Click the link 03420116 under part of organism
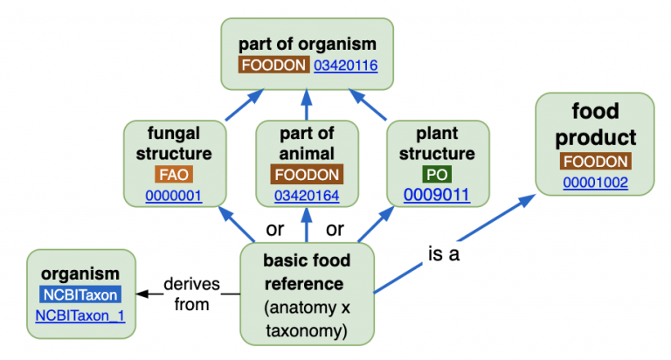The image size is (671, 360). pyautogui.click(x=345, y=65)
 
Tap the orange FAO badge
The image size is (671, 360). pyautogui.click(x=175, y=174)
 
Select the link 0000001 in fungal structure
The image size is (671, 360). pyautogui.click(x=175, y=194)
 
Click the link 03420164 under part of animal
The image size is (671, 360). pyautogui.click(x=306, y=194)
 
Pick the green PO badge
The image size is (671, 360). pyautogui.click(x=437, y=174)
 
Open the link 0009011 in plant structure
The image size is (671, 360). pyautogui.click(x=437, y=194)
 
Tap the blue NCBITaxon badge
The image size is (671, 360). pyautogui.click(x=80, y=294)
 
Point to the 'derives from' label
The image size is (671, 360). pyautogui.click(x=191, y=294)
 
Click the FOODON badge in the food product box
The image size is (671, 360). pyautogui.click(x=595, y=162)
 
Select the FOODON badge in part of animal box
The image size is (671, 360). pyautogui.click(x=306, y=174)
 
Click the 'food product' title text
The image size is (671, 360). pyautogui.click(x=595, y=124)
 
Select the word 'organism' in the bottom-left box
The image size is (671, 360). pyautogui.click(x=80, y=273)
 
